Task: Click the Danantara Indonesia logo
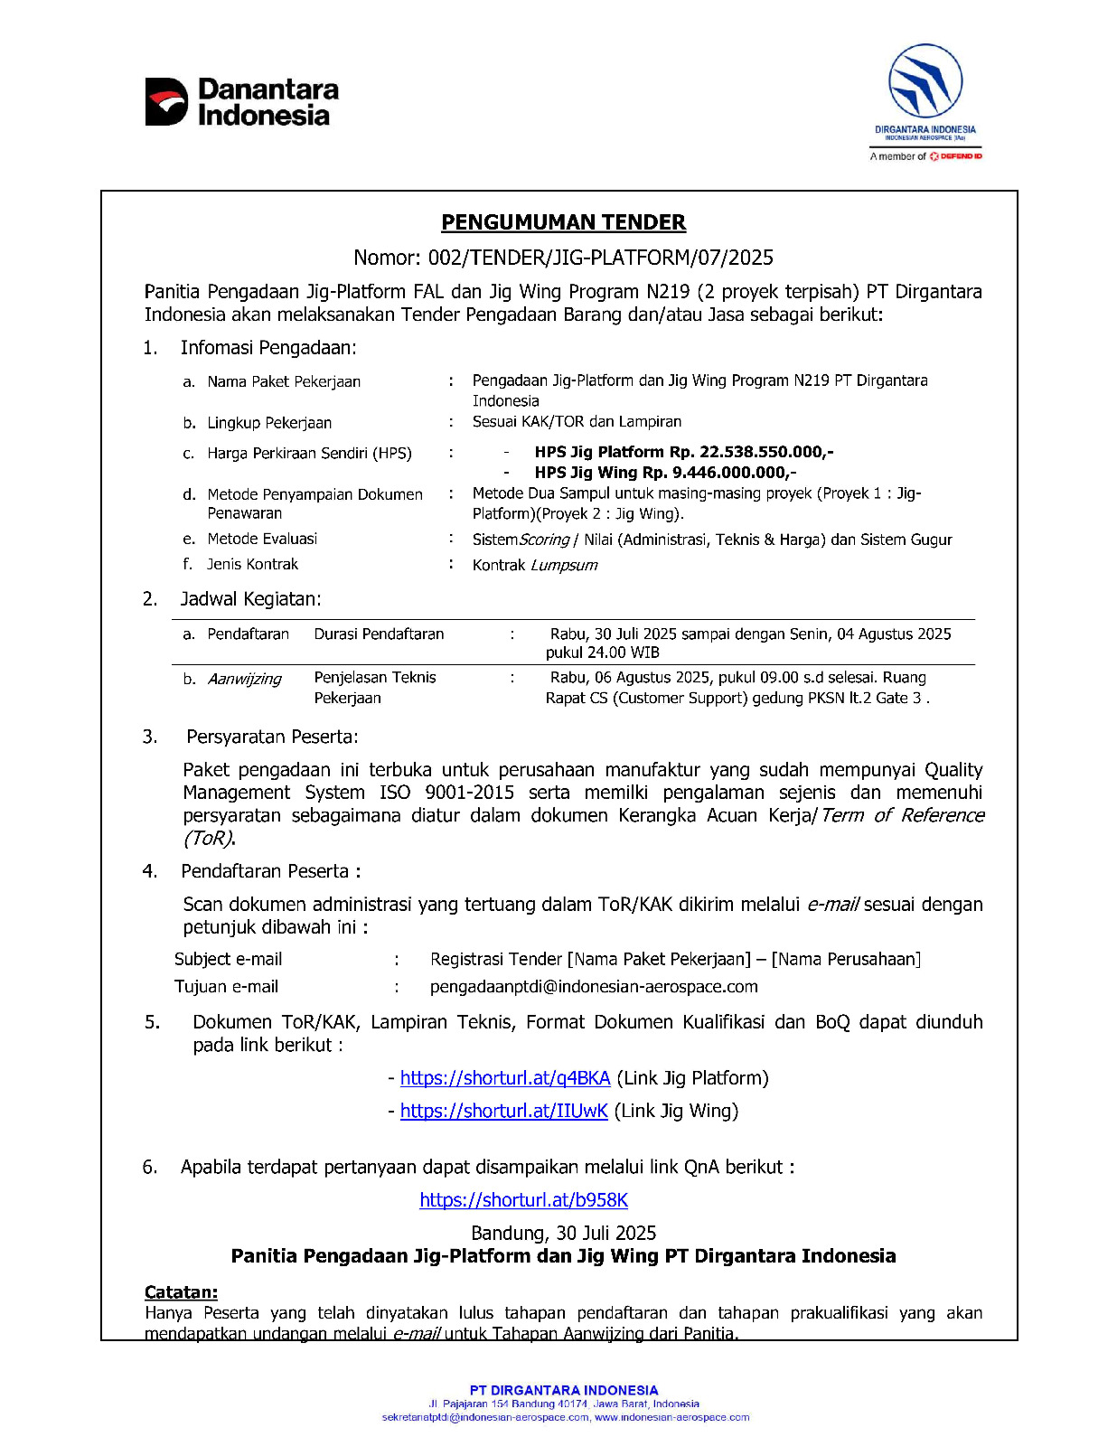[x=241, y=101]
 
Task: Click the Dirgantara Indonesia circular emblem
[x=925, y=81]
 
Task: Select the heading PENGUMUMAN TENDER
[x=563, y=222]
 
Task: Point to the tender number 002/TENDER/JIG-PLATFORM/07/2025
[x=600, y=258]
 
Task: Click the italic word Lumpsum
[x=564, y=565]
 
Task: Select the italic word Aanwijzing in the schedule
[x=244, y=679]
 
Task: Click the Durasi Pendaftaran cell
[x=379, y=634]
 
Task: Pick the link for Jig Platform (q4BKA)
[x=505, y=1077]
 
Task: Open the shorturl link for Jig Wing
[x=503, y=1111]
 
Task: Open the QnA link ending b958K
[x=523, y=1200]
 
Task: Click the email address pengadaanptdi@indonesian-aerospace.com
[x=594, y=987]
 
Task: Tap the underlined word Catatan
[x=181, y=1292]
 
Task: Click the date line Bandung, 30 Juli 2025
[x=563, y=1233]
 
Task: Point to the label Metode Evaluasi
[x=262, y=539]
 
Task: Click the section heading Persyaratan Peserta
[x=272, y=737]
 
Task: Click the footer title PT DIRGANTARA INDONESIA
[x=563, y=1390]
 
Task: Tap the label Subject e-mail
[x=228, y=959]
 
